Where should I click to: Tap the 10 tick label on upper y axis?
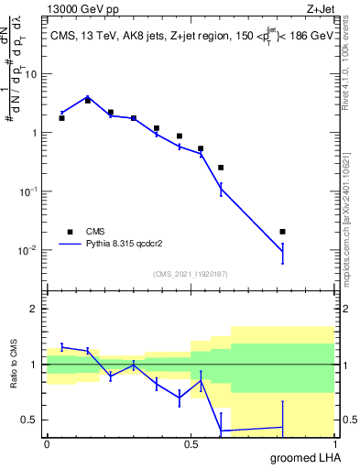pos(32,74)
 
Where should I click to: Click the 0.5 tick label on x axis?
pos(190,443)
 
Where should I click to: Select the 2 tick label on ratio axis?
pos(35,309)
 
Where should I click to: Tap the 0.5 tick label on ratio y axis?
pos(30,420)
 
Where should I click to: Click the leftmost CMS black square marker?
pos(61,118)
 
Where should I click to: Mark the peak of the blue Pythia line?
pos(87,96)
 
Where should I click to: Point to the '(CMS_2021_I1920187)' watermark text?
pos(190,273)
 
